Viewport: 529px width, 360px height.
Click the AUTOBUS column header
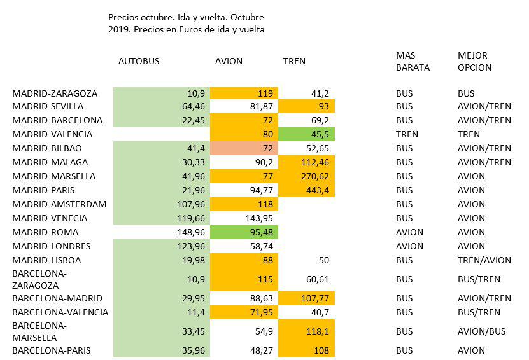(139, 62)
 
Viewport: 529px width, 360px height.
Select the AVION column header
(229, 62)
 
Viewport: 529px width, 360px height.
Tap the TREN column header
(294, 62)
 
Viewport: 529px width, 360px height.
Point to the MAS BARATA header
(413, 62)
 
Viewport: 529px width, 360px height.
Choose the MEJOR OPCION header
(474, 62)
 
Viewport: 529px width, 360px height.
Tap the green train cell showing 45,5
(318, 134)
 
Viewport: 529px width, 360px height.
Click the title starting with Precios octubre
(187, 24)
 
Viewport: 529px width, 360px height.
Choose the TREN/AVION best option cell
(484, 260)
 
